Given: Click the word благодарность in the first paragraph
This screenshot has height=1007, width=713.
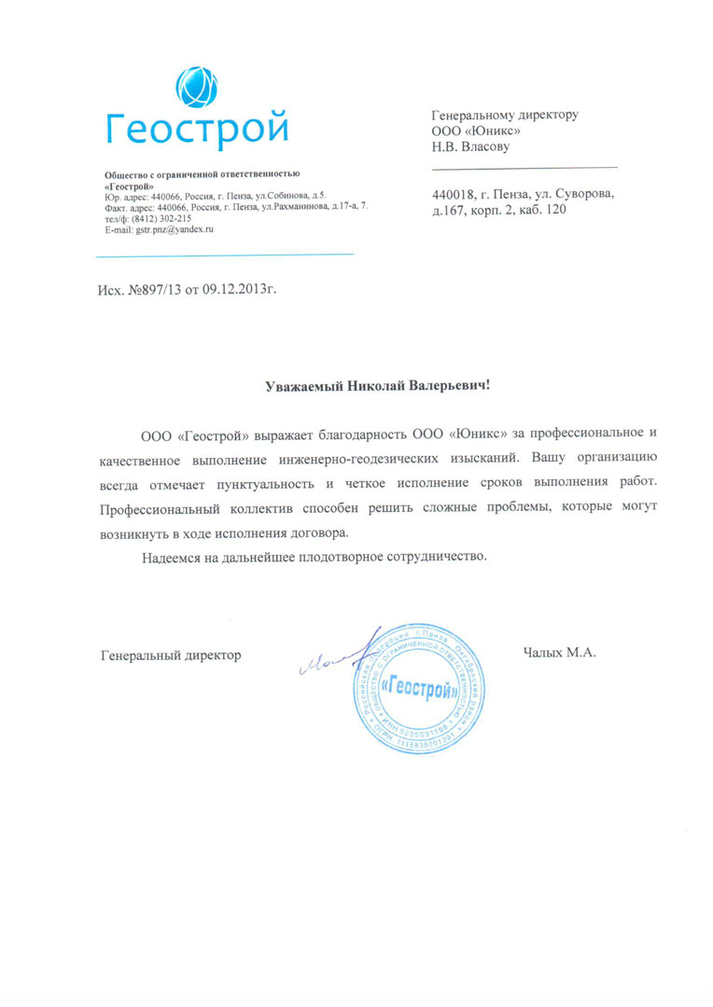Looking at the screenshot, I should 362,435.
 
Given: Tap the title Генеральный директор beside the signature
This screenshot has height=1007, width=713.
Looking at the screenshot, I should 171,655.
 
